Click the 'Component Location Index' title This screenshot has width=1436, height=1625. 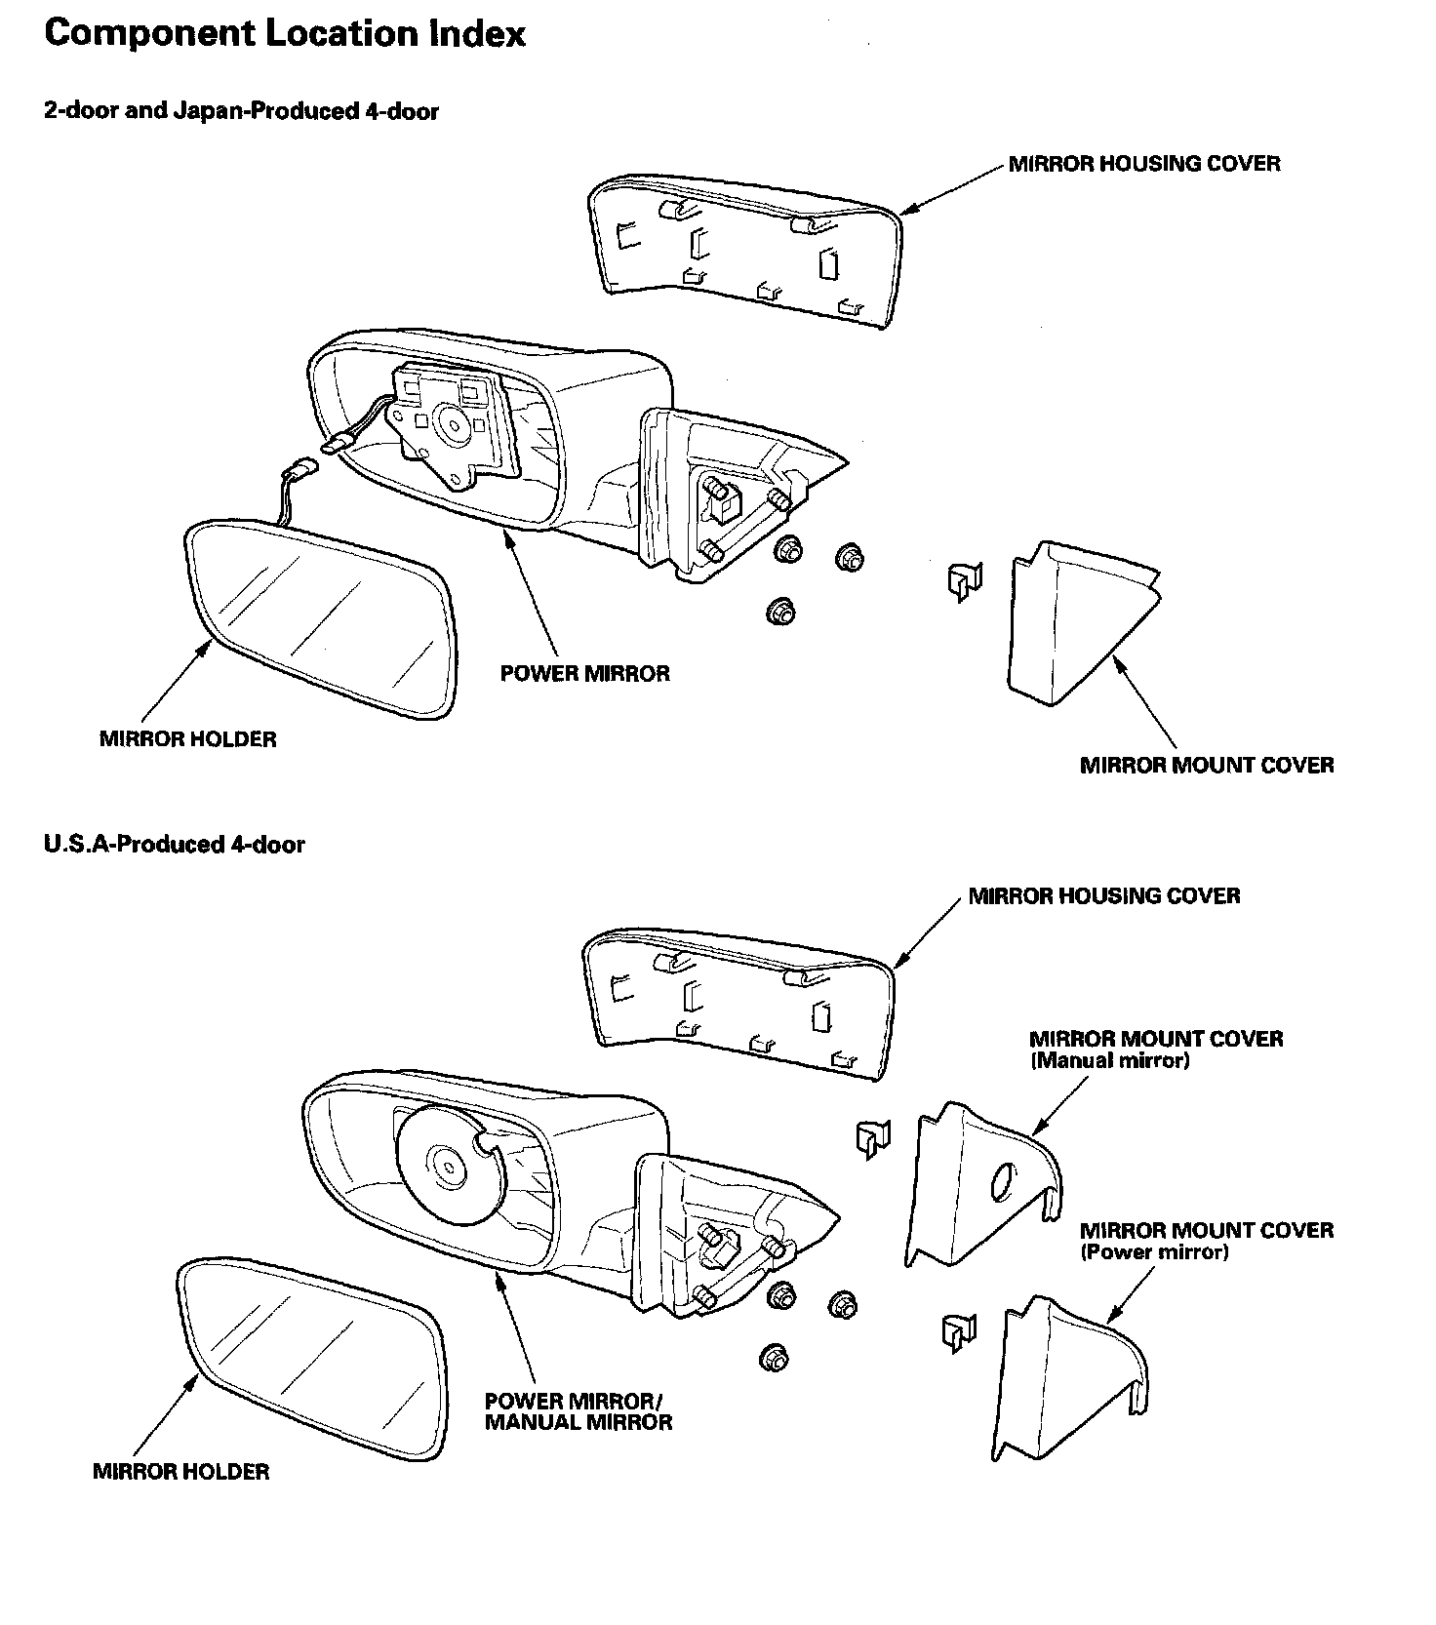pyautogui.click(x=285, y=34)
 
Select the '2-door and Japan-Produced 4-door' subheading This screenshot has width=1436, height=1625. pyautogui.click(x=241, y=111)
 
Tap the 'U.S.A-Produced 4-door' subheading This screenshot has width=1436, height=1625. pyautogui.click(x=174, y=845)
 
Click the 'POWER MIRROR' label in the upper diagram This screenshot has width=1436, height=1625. pyautogui.click(x=584, y=674)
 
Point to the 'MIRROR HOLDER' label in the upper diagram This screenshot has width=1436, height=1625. pyautogui.click(x=187, y=739)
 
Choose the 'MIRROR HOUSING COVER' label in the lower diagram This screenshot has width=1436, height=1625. pyautogui.click(x=1103, y=895)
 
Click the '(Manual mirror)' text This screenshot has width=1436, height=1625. pyautogui.click(x=1109, y=1061)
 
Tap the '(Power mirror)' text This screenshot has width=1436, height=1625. pyautogui.click(x=1153, y=1252)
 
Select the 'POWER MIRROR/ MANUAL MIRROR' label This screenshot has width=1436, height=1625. pyautogui.click(x=578, y=1411)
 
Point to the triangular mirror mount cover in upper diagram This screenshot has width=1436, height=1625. pyautogui.click(x=1073, y=624)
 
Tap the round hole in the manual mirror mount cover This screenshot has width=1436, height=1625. pyautogui.click(x=1002, y=1183)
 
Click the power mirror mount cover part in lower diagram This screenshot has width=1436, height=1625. pyautogui.click(x=1063, y=1380)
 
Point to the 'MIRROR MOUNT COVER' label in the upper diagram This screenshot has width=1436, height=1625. pyautogui.click(x=1206, y=765)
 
